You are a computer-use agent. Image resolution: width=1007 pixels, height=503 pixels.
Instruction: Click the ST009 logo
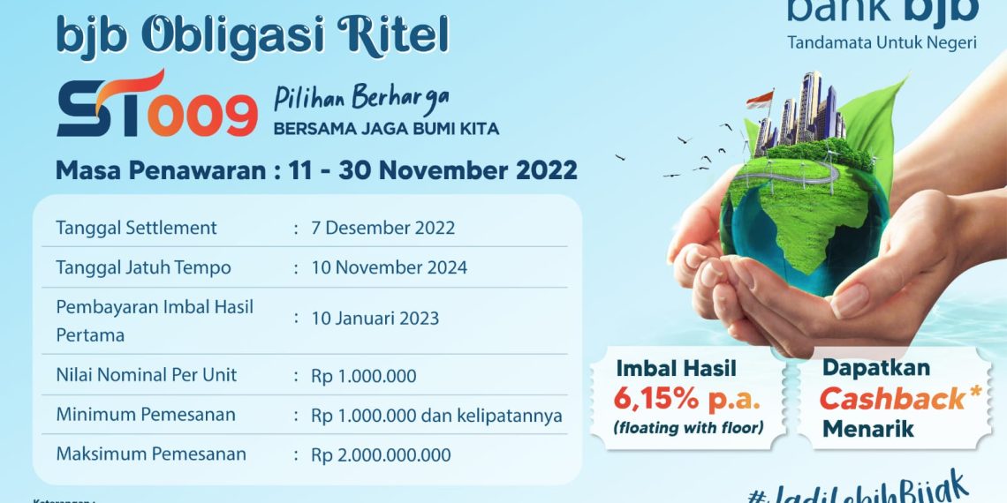157,105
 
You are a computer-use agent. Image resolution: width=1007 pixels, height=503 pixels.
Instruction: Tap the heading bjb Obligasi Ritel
253,36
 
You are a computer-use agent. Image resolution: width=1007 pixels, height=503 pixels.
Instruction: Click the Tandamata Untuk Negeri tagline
882,42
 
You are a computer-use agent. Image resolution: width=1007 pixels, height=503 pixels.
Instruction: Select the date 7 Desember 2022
383,228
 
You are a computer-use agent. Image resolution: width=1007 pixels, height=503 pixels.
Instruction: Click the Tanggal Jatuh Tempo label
143,267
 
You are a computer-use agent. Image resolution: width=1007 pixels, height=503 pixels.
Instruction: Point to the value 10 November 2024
390,267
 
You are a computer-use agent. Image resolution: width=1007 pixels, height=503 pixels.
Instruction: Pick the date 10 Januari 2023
375,319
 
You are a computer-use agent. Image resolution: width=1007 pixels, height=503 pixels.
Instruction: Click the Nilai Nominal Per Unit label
147,375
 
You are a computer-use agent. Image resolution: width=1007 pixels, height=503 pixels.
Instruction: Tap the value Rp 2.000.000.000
381,455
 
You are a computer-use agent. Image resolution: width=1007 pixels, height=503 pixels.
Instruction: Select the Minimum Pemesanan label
146,415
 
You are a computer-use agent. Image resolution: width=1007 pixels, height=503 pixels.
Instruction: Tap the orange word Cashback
892,399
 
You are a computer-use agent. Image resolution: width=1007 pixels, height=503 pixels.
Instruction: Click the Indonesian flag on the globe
760,99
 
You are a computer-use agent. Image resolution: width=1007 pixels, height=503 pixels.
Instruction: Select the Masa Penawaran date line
316,169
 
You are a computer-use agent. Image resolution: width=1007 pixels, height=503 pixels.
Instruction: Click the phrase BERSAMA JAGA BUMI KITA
386,129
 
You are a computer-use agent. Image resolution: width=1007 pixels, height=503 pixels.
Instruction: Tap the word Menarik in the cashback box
868,430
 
